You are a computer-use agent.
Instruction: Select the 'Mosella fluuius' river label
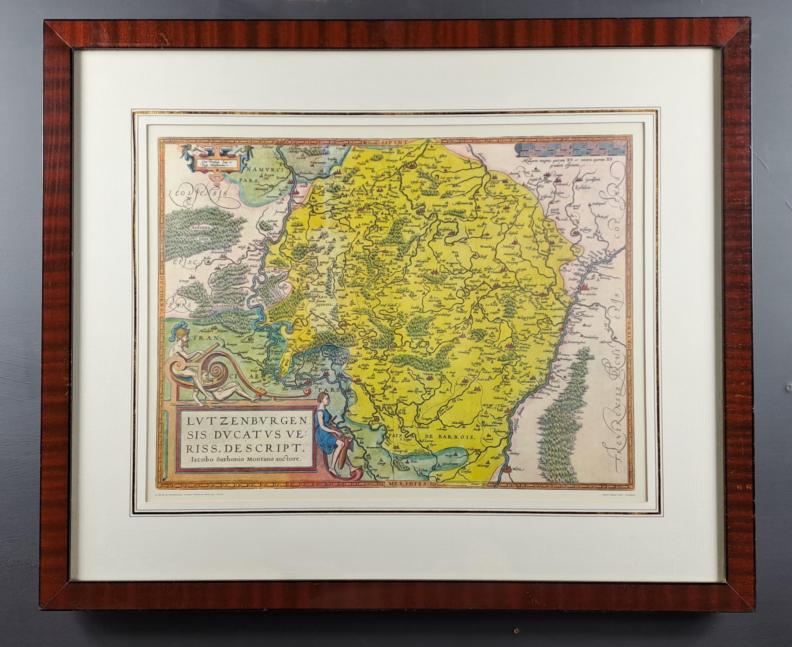point(518,421)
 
